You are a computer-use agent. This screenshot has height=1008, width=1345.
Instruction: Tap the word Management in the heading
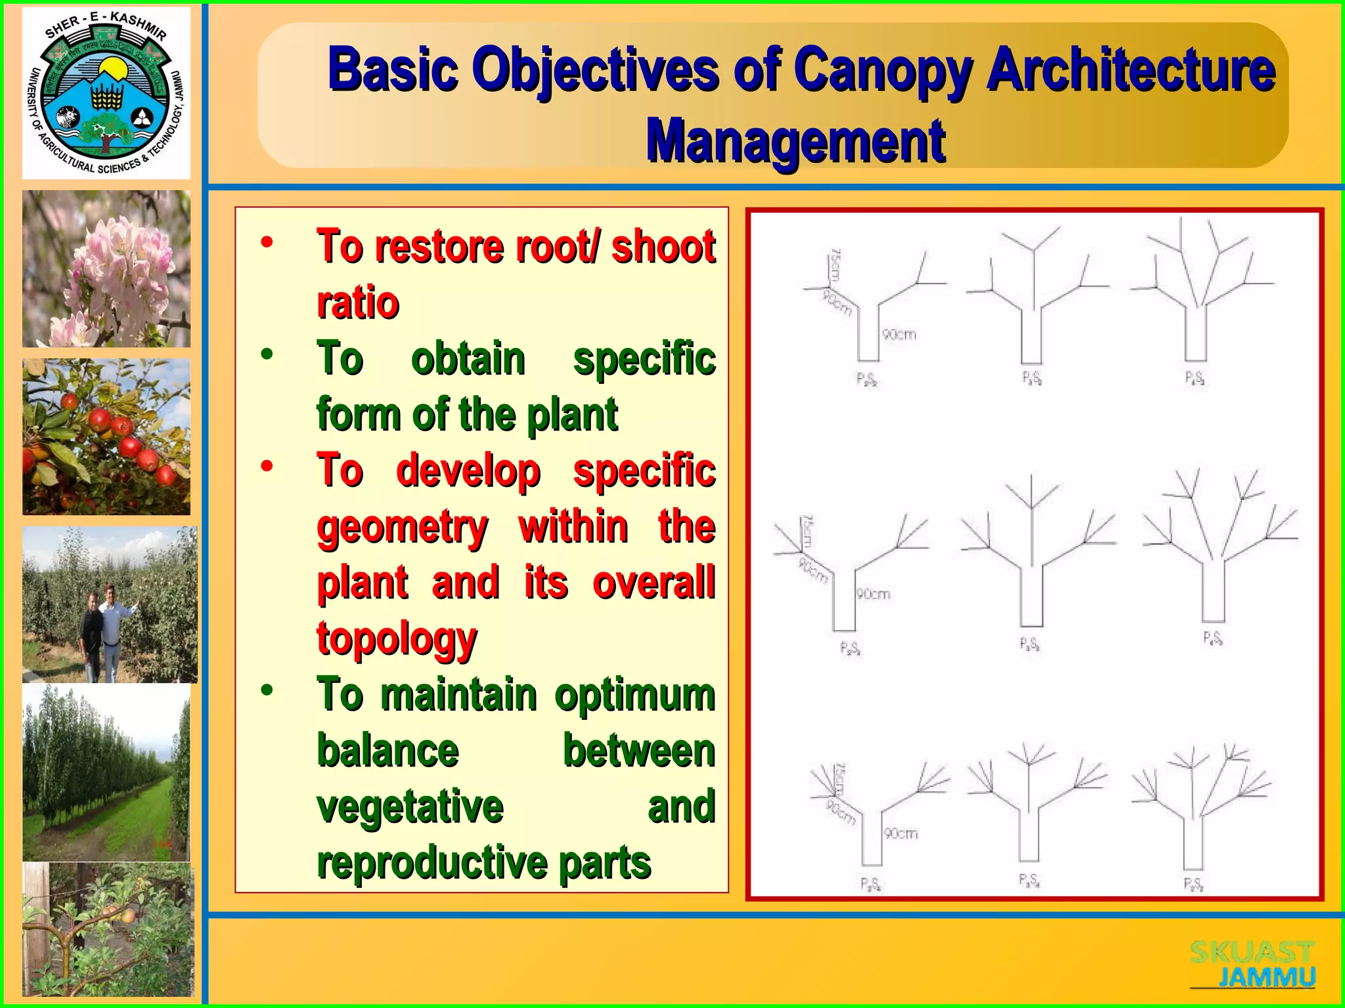795,141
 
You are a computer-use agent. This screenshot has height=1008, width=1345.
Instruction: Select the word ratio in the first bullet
358,303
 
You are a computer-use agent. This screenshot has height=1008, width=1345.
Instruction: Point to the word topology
397,639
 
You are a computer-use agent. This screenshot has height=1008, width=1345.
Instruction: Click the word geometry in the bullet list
403,527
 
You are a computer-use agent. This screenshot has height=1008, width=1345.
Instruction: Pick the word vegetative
410,807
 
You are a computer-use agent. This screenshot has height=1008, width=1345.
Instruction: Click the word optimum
634,696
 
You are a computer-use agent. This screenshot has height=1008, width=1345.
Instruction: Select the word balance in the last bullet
388,751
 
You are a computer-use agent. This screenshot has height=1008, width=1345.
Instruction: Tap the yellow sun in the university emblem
112,68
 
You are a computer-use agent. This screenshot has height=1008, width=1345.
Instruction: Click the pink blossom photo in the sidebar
106,268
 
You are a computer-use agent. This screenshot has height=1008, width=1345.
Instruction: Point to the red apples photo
106,436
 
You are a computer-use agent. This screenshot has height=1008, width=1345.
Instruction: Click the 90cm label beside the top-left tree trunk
899,335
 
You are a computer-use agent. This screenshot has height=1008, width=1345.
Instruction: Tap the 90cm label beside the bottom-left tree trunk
900,833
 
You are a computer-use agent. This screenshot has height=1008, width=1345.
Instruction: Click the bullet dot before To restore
267,243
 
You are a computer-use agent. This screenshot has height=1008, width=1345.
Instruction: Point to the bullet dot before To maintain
267,690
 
